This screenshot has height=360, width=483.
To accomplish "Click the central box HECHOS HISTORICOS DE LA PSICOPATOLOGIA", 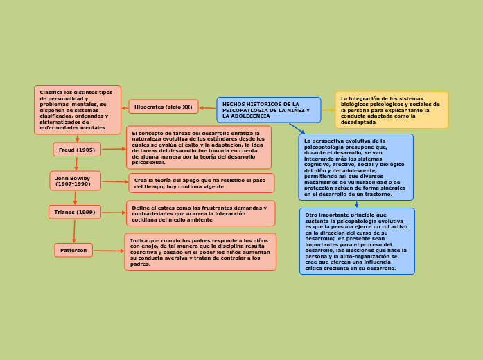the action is tap(269, 109).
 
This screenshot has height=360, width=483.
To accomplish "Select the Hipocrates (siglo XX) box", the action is tap(163, 107).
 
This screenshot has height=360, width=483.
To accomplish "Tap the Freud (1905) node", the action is tap(76, 150).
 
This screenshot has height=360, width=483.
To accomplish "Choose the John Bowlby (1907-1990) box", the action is tap(75, 181).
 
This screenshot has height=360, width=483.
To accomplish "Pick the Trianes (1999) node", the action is tap(75, 212).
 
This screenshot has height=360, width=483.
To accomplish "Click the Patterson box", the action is tap(73, 250).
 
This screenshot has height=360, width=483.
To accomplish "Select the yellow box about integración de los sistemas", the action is tap(392, 110).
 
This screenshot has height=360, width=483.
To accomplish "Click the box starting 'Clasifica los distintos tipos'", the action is tap(78, 109).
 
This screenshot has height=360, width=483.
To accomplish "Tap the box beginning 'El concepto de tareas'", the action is tap(198, 147).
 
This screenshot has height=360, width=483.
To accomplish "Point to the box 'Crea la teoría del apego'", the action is tap(201, 183).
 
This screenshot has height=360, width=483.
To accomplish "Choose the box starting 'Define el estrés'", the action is tap(200, 213).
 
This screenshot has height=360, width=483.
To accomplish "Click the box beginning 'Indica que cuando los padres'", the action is tap(200, 251).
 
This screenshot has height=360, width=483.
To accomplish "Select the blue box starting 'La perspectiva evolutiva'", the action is tap(355, 167).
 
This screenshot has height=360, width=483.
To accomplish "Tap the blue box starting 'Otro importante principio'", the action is tap(357, 241).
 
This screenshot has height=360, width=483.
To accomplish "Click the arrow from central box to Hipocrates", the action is tap(207, 107).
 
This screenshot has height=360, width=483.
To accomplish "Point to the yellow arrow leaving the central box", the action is tap(328, 109).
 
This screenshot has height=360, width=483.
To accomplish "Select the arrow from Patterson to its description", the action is tap(108, 251).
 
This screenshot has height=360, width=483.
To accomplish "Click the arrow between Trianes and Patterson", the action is tap(74, 231).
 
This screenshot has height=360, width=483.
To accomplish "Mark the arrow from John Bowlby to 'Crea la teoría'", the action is tap(114, 182).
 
